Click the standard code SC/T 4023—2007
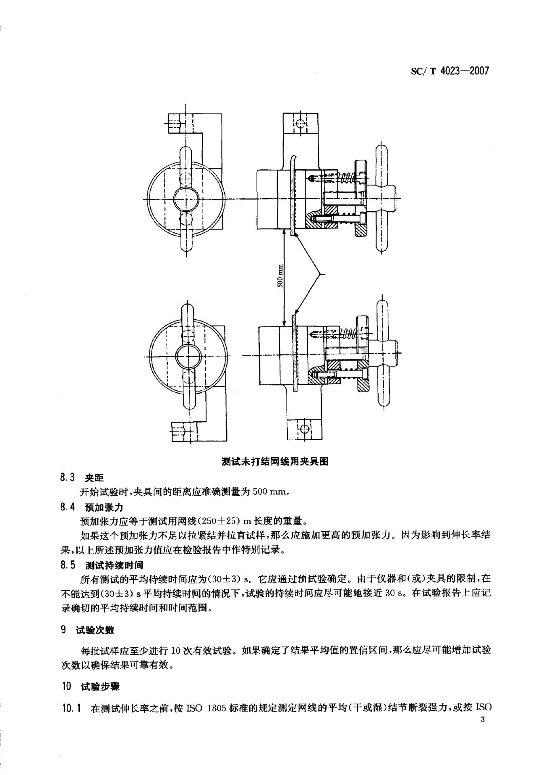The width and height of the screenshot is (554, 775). [x=449, y=71]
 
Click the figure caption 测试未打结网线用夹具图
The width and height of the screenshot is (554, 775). [x=274, y=462]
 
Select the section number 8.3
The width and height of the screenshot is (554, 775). [x=68, y=478]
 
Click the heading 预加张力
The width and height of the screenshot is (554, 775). [x=104, y=507]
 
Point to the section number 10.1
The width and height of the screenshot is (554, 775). [x=71, y=708]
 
